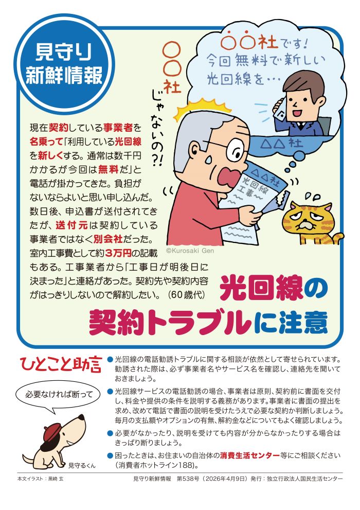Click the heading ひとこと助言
60,365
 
